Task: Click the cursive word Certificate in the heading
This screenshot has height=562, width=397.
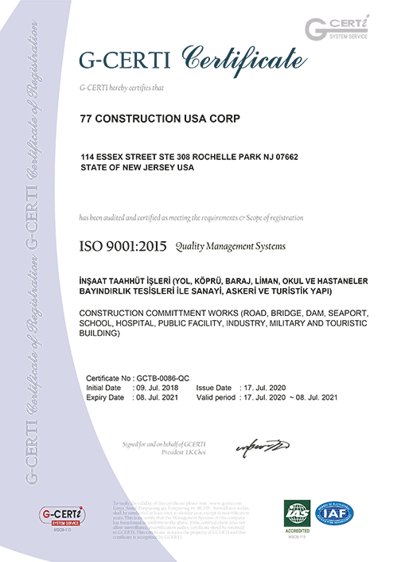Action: point(243,59)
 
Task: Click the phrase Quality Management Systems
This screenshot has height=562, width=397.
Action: point(230,247)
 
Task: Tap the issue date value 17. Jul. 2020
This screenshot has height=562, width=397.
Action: point(264,388)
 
